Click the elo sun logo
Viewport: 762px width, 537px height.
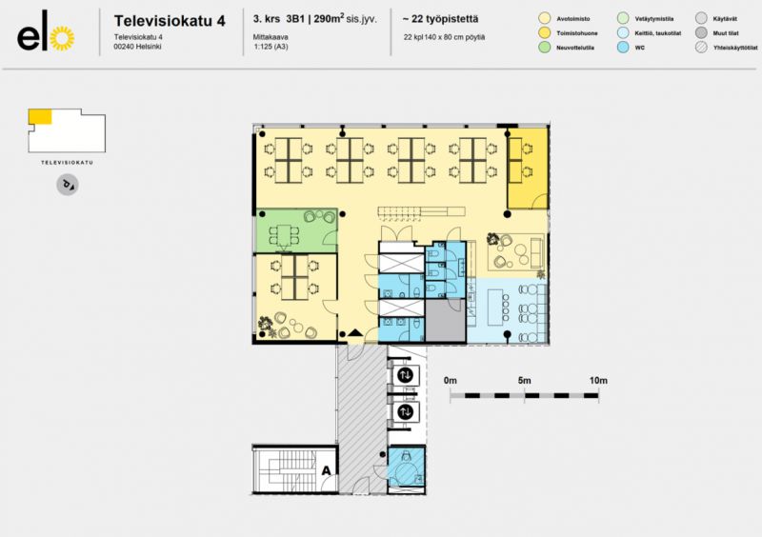tap(60, 38)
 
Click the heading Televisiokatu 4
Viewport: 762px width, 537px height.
tap(169, 20)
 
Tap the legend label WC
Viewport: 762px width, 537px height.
tap(640, 46)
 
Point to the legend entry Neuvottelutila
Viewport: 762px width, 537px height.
tap(570, 46)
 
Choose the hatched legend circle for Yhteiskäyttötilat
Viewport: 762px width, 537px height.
tap(701, 46)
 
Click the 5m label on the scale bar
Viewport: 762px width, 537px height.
tap(523, 380)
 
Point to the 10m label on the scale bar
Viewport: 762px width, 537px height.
tap(597, 380)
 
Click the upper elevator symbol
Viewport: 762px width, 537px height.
tap(406, 375)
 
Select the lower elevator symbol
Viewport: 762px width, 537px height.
tap(406, 412)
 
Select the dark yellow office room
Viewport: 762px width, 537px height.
tap(527, 169)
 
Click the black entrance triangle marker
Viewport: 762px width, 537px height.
tap(356, 332)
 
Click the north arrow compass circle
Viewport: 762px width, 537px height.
tap(67, 185)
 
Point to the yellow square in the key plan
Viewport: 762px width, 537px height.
tap(40, 116)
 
